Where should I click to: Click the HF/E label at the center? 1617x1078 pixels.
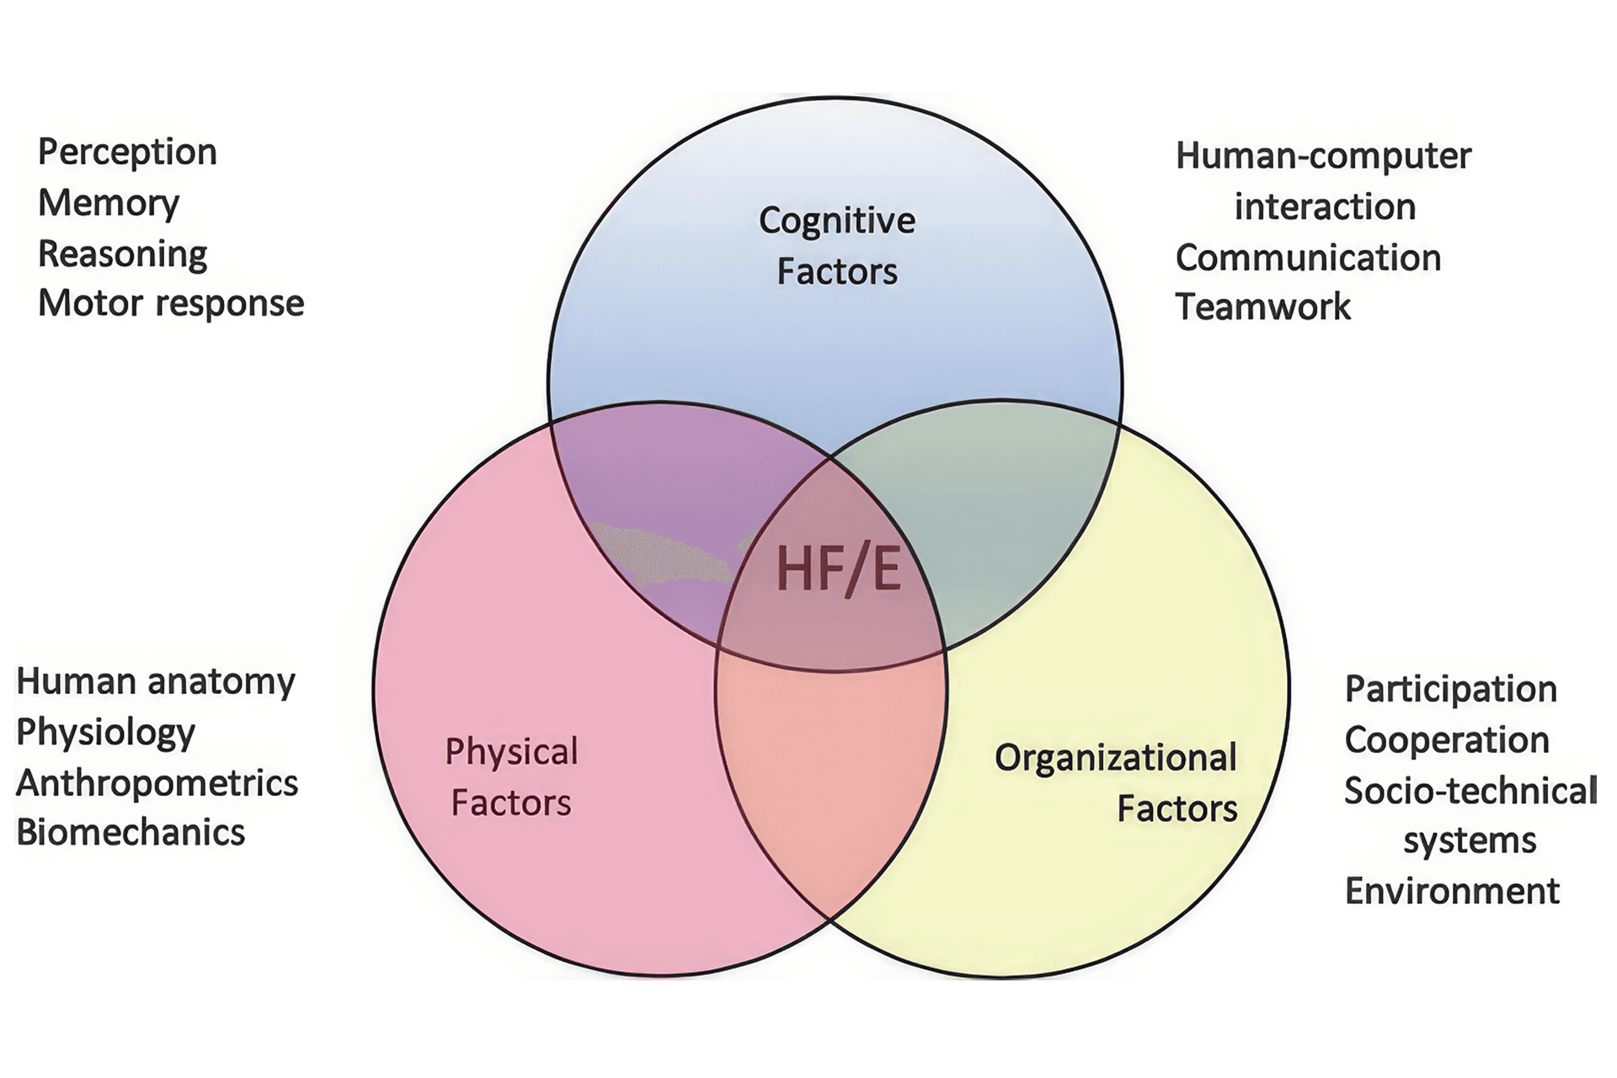click(838, 568)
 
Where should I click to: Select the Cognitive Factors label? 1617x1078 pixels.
click(836, 245)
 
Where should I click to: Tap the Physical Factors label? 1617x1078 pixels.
click(511, 776)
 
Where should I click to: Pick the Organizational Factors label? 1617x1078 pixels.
click(1116, 782)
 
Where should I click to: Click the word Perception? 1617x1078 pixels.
click(127, 152)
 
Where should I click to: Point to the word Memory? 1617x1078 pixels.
click(109, 203)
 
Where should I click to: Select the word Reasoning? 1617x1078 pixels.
click(123, 253)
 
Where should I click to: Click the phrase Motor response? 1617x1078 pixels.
click(171, 303)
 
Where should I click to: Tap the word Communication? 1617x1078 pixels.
click(1308, 258)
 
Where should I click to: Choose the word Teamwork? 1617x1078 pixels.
click(1262, 307)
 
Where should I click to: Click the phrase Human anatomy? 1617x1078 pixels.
click(156, 681)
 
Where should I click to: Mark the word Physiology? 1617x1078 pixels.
click(106, 733)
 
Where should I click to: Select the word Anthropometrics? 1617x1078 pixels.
click(157, 783)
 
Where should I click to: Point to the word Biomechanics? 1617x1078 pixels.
click(131, 833)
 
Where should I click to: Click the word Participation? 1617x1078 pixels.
click(1450, 689)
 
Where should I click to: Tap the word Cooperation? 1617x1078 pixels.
click(1447, 740)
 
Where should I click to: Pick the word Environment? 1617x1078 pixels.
click(1452, 891)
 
